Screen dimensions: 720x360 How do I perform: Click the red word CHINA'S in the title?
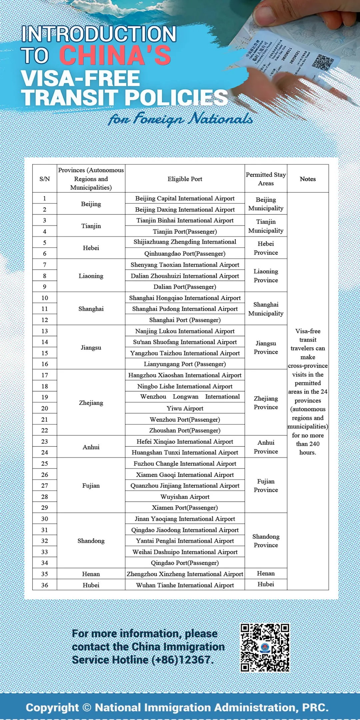click(115, 55)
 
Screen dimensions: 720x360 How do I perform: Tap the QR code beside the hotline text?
click(265, 648)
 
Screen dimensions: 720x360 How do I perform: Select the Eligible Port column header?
click(185, 179)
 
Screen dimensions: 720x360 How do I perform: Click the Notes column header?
click(308, 179)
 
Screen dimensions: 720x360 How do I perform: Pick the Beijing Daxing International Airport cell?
click(185, 209)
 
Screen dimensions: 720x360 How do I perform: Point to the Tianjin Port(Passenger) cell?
click(185, 231)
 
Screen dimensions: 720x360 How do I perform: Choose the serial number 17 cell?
click(45, 375)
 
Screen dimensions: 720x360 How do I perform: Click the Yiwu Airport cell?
click(185, 408)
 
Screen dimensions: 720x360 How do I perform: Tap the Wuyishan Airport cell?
click(185, 497)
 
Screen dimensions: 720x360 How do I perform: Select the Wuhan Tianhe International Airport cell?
click(185, 585)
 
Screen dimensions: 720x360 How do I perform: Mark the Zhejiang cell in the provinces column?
click(91, 403)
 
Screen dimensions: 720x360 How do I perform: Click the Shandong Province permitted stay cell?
click(266, 541)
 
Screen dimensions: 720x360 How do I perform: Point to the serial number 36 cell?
click(45, 585)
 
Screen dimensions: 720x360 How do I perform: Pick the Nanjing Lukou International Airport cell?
click(185, 331)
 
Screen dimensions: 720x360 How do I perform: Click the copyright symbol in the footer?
click(87, 707)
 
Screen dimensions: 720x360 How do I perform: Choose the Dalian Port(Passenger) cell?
click(185, 287)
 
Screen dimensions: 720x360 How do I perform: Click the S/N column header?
click(45, 179)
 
